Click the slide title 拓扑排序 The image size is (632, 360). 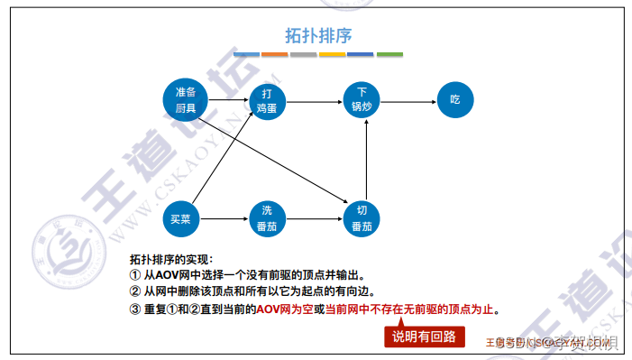317,35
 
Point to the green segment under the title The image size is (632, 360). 389,55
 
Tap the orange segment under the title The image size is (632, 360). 275,55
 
